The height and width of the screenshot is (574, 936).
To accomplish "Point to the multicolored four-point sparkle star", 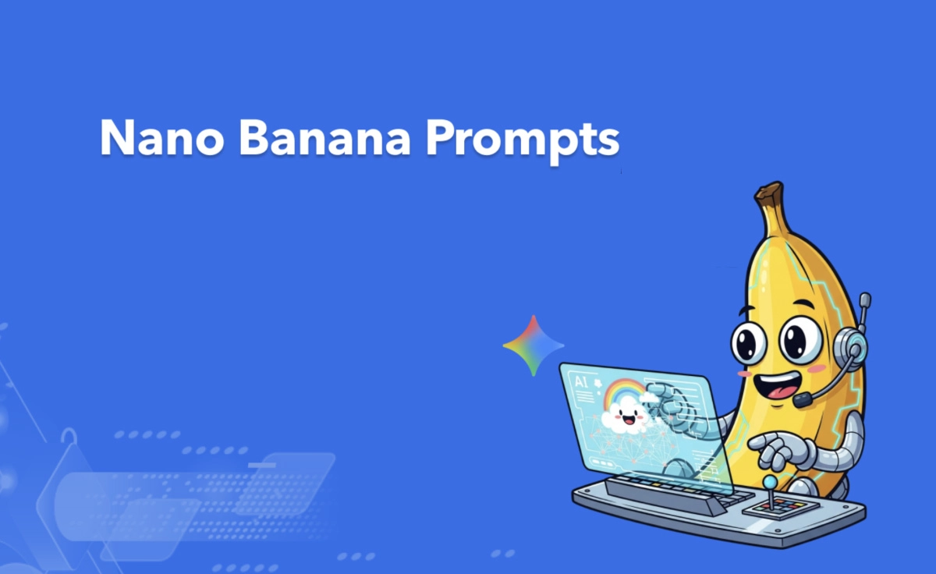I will [534, 345].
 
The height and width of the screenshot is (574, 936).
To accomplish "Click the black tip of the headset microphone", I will [802, 399].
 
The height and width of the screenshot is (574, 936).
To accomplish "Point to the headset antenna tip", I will [864, 299].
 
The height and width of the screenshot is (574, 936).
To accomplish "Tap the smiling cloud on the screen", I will [625, 413].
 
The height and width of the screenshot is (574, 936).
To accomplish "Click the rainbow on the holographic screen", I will [624, 390].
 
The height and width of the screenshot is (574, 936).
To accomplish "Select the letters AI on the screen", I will [581, 382].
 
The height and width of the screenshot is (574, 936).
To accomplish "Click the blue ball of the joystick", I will [770, 483].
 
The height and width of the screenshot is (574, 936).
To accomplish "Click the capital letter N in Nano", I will [116, 138].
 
